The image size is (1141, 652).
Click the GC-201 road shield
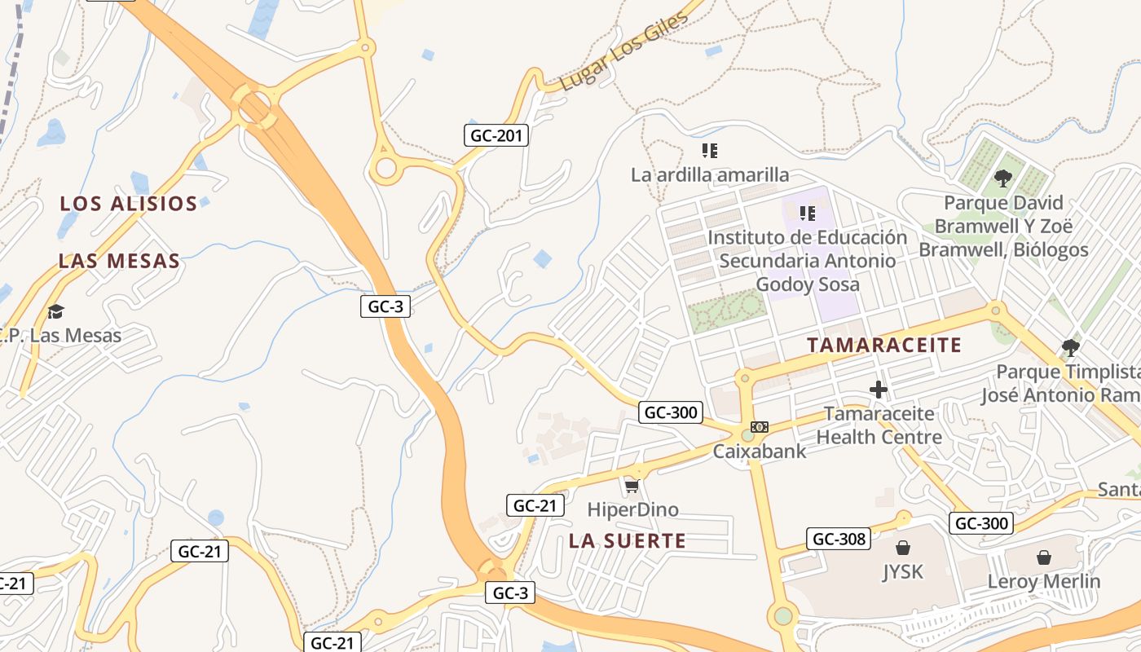[496, 135]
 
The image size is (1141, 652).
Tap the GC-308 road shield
[838, 539]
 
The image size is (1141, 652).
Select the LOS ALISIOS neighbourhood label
[129, 204]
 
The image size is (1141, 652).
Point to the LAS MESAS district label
[119, 262]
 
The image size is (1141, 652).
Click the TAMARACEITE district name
[884, 345]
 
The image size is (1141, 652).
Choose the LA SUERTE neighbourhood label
[628, 540]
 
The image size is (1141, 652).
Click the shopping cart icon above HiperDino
[631, 487]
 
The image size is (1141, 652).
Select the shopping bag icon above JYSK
[903, 548]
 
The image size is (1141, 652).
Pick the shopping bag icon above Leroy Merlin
[1043, 557]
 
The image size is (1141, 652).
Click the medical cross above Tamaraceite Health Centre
[878, 390]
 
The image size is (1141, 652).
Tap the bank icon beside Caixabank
[760, 427]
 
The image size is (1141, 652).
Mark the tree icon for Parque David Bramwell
[1002, 178]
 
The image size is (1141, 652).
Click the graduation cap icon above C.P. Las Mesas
[55, 311]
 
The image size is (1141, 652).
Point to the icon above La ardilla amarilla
[709, 151]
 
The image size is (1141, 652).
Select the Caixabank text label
[760, 451]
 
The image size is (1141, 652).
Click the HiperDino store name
[633, 510]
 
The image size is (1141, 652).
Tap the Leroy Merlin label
[1044, 582]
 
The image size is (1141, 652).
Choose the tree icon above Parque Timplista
[1071, 348]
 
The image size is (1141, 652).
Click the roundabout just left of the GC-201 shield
[385, 170]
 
